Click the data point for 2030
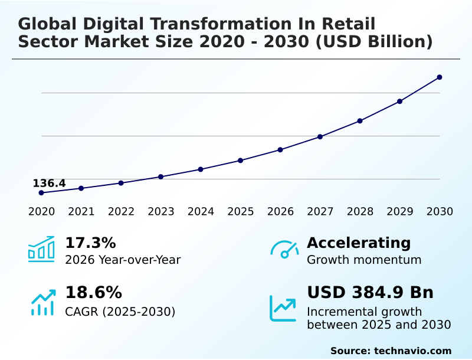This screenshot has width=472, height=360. pos(440,77)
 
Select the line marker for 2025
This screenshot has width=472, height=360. pos(240,161)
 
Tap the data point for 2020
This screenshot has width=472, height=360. pos(41,193)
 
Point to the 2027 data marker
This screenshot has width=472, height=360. pos(320,137)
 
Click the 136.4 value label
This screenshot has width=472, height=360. pos(49,184)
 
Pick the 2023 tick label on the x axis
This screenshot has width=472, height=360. pos(160,212)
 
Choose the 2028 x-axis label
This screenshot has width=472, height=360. pos(360,212)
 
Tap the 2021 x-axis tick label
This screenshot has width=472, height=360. pos(81,212)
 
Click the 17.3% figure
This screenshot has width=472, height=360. pos(90,243)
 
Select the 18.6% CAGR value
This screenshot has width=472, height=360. pos(93,293)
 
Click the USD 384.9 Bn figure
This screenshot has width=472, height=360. pos(370,293)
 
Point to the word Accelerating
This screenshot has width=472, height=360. pos(359,243)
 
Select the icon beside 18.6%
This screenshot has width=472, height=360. pos(42,302)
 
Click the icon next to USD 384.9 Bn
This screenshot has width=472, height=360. pos(283,308)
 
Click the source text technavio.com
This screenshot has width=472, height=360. pos(412,351)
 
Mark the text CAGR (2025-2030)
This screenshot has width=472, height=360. pos(120,312)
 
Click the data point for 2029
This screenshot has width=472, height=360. pos(399,102)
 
